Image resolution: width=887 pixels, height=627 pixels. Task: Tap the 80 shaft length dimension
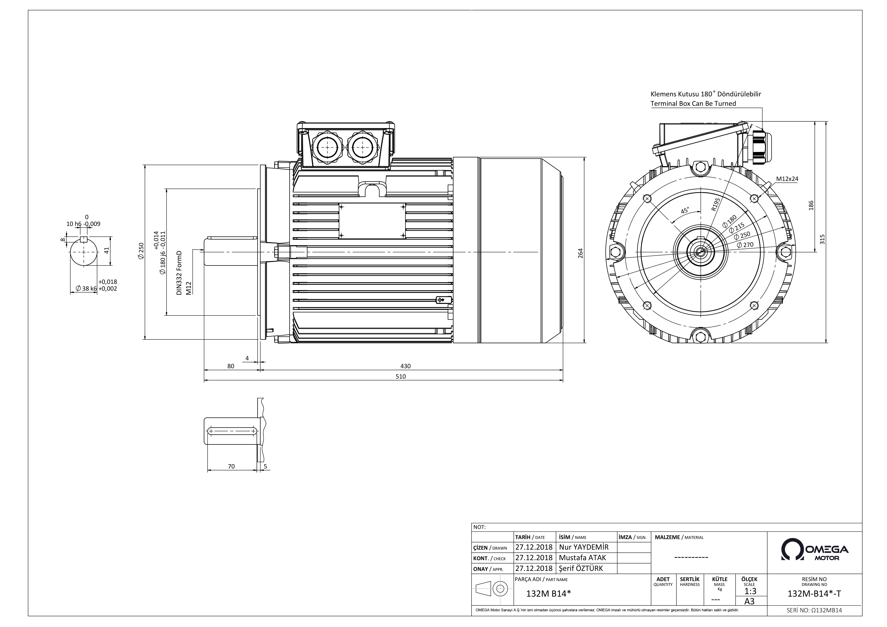coord(231,366)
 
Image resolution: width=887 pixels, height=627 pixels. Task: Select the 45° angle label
coord(685,211)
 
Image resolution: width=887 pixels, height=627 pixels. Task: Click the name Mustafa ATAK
coord(583,557)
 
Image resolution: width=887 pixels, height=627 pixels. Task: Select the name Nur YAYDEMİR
coord(584,547)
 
